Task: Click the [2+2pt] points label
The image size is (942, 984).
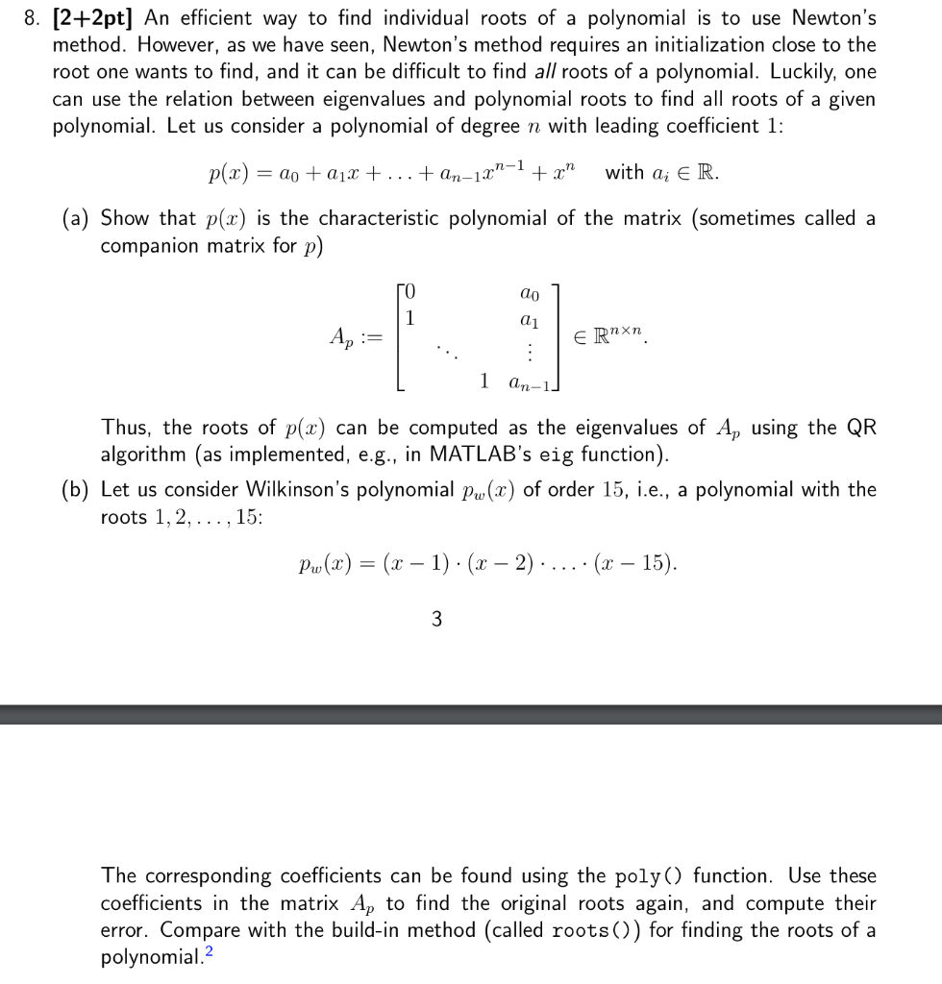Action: pyautogui.click(x=92, y=17)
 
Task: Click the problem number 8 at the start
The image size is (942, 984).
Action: pyautogui.click(x=32, y=17)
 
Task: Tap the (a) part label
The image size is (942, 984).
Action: pyautogui.click(x=77, y=218)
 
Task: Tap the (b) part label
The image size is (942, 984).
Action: pyautogui.click(x=77, y=489)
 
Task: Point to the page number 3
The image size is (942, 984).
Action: pyautogui.click(x=437, y=620)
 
